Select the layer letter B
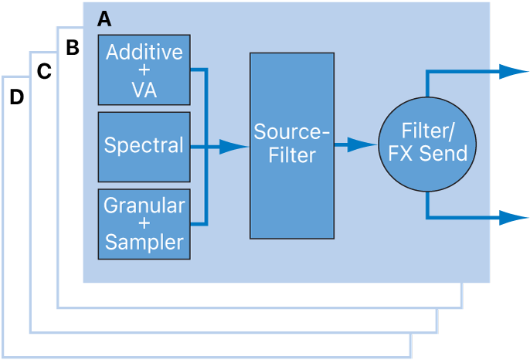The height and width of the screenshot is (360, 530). tap(72, 48)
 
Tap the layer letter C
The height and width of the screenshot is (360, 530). tap(44, 72)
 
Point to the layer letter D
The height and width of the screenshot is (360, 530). tap(16, 97)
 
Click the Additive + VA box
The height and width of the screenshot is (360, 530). tap(144, 70)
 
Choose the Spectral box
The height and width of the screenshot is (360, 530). tap(144, 146)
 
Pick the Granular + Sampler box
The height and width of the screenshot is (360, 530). tap(144, 224)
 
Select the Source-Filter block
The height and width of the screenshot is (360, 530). tap(292, 145)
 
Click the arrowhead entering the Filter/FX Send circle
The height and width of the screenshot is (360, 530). tap(362, 145)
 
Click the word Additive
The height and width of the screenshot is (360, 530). tap(144, 52)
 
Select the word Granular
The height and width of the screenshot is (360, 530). tap(144, 205)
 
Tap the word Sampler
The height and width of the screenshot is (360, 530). tap(144, 243)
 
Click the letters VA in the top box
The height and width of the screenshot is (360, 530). tap(144, 90)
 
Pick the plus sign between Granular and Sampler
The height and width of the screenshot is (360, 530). tap(144, 224)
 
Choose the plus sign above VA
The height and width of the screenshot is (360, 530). tap(144, 71)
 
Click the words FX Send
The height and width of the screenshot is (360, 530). tap(433, 153)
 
